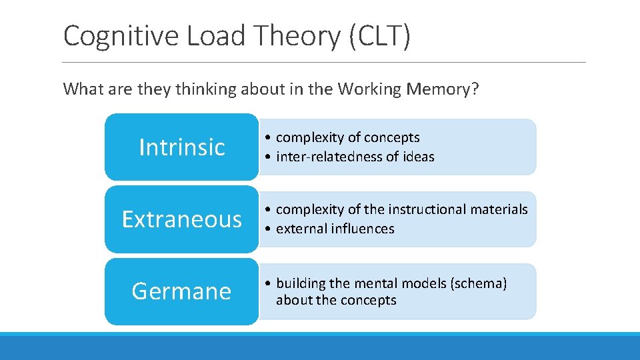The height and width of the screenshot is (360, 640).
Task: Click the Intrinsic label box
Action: tap(181, 147)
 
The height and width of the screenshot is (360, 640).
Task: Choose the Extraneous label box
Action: tap(181, 219)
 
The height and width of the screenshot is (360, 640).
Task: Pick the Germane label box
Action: tap(181, 291)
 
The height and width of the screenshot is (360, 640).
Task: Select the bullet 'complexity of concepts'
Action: tap(347, 138)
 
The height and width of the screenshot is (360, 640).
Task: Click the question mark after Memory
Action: tap(474, 89)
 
